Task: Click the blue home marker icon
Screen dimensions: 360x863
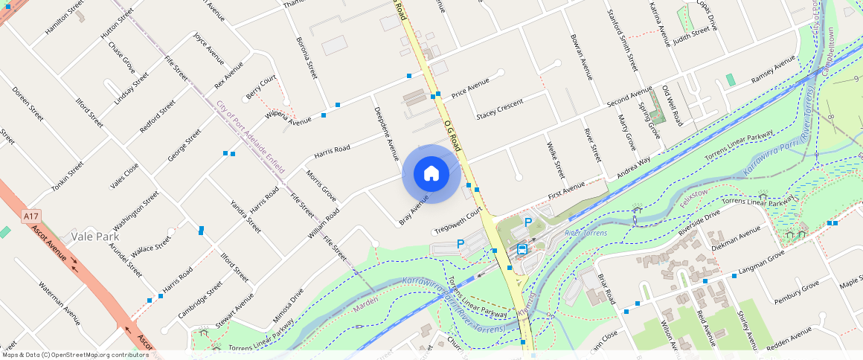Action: [x=431, y=174]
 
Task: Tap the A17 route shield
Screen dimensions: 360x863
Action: [x=31, y=216]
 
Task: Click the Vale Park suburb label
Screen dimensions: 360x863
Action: [x=96, y=237]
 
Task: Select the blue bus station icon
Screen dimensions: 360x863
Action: [x=523, y=249]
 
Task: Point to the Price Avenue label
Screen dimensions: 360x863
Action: [x=469, y=87]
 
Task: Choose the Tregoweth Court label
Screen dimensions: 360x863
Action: [x=458, y=221]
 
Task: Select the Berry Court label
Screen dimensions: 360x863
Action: [x=261, y=88]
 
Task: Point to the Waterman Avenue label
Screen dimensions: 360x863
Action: [x=59, y=304]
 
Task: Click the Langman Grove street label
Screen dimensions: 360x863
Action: [x=761, y=264]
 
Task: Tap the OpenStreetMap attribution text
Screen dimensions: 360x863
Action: [x=74, y=355]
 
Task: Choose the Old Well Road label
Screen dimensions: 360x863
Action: [x=672, y=105]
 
